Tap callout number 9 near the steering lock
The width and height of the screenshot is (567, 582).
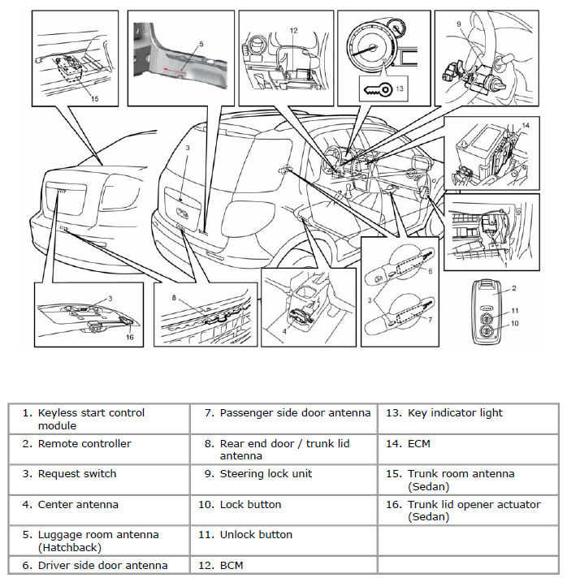point(459,24)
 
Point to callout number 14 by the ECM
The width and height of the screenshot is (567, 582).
point(526,125)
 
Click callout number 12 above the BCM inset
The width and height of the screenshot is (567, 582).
point(293,31)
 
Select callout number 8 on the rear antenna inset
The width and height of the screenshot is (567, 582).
point(174,298)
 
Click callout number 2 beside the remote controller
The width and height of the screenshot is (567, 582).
point(513,288)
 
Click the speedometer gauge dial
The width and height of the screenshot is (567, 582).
point(371,45)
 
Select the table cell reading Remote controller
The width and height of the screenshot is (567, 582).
point(84,443)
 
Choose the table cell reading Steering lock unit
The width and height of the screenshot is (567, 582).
point(266,473)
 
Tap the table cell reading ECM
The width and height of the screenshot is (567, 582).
point(419,443)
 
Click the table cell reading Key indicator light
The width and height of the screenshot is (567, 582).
point(455,412)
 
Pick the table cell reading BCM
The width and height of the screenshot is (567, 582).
point(232,565)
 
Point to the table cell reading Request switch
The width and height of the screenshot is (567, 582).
point(77,473)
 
